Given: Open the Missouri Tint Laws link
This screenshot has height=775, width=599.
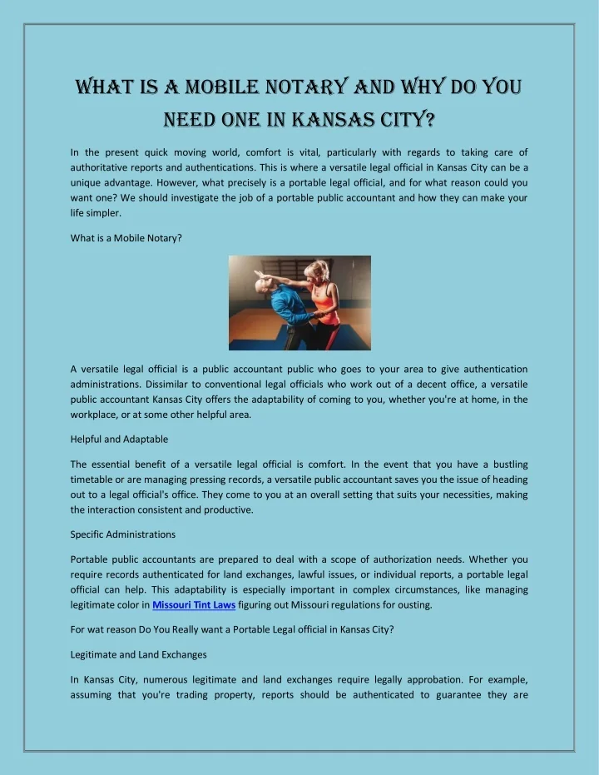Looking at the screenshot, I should point(194,605).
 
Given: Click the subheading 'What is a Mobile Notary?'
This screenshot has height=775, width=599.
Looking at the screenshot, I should point(126,238).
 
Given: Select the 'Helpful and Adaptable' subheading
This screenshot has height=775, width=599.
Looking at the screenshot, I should point(119,439).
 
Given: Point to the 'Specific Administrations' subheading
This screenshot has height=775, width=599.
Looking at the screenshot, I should point(123,534).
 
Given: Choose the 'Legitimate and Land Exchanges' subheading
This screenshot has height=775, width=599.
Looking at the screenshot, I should point(138,654).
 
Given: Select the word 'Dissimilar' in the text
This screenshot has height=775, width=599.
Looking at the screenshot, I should point(170,385).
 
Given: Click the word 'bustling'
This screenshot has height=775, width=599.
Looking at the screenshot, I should point(508,465).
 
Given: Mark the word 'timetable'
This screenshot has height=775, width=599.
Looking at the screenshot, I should point(94,479).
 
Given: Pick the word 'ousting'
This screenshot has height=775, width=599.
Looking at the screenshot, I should point(413,605).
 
